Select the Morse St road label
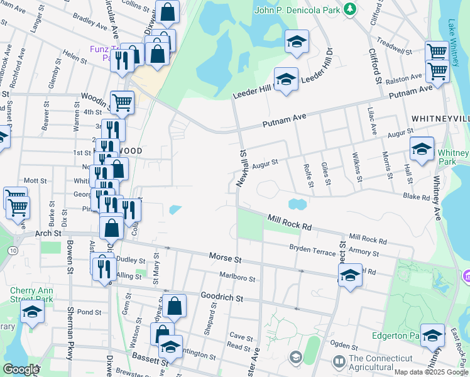pos(225,258)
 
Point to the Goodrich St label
pos(221,296)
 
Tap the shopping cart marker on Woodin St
pos(122,102)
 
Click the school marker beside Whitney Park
pos(422,149)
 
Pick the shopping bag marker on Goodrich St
pos(175,306)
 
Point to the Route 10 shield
pos(13,233)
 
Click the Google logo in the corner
pos(21,369)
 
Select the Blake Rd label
pos(417,197)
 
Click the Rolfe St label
pos(309,177)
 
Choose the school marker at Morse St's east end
pos(350,275)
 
